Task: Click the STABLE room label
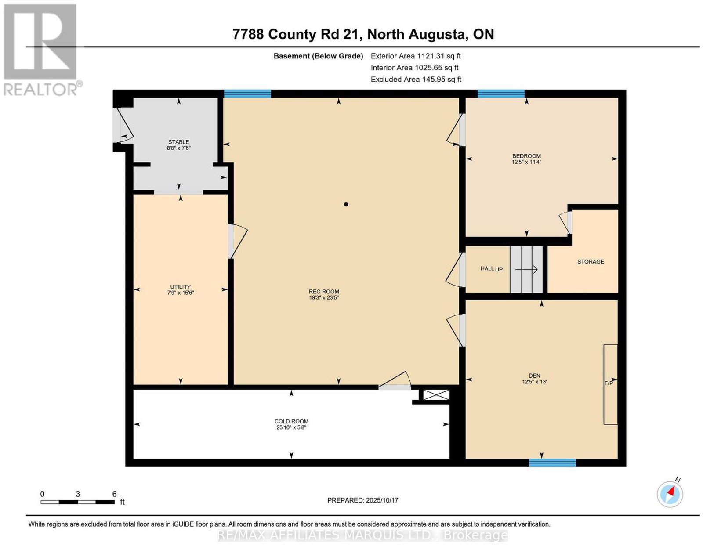click(178, 142)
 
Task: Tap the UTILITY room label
click(180, 286)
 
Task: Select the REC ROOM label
click(324, 292)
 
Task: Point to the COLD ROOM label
click(291, 421)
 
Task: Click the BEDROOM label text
click(526, 156)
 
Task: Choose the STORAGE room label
click(591, 261)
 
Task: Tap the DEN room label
click(534, 375)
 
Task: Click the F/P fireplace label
click(609, 383)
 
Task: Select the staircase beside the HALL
click(526, 269)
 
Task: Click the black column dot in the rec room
click(346, 204)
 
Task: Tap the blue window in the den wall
click(552, 463)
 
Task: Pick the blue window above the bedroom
click(501, 94)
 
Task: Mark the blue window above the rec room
click(247, 94)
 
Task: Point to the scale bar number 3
click(78, 494)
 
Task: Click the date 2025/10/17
click(382, 500)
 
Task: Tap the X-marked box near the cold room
click(436, 395)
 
